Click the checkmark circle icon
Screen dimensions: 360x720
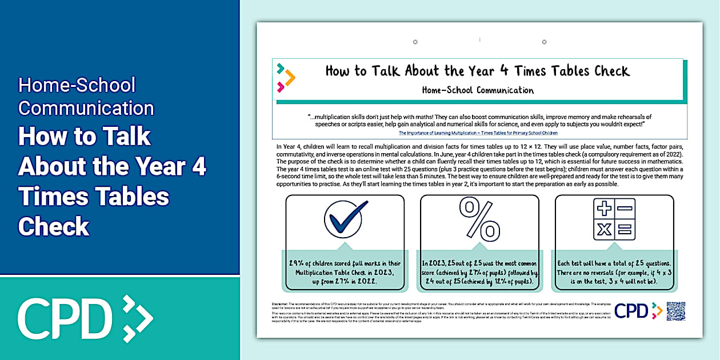[x=346, y=218]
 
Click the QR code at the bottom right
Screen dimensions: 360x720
[x=675, y=311]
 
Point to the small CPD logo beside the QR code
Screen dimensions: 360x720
[x=638, y=311]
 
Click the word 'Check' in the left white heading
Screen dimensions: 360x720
[x=54, y=227]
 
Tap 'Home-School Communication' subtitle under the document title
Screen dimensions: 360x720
[x=478, y=90]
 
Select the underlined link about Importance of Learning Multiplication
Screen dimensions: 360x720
[x=479, y=133]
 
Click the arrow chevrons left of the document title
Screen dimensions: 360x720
[x=285, y=78]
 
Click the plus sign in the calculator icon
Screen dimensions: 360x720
[x=604, y=208]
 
